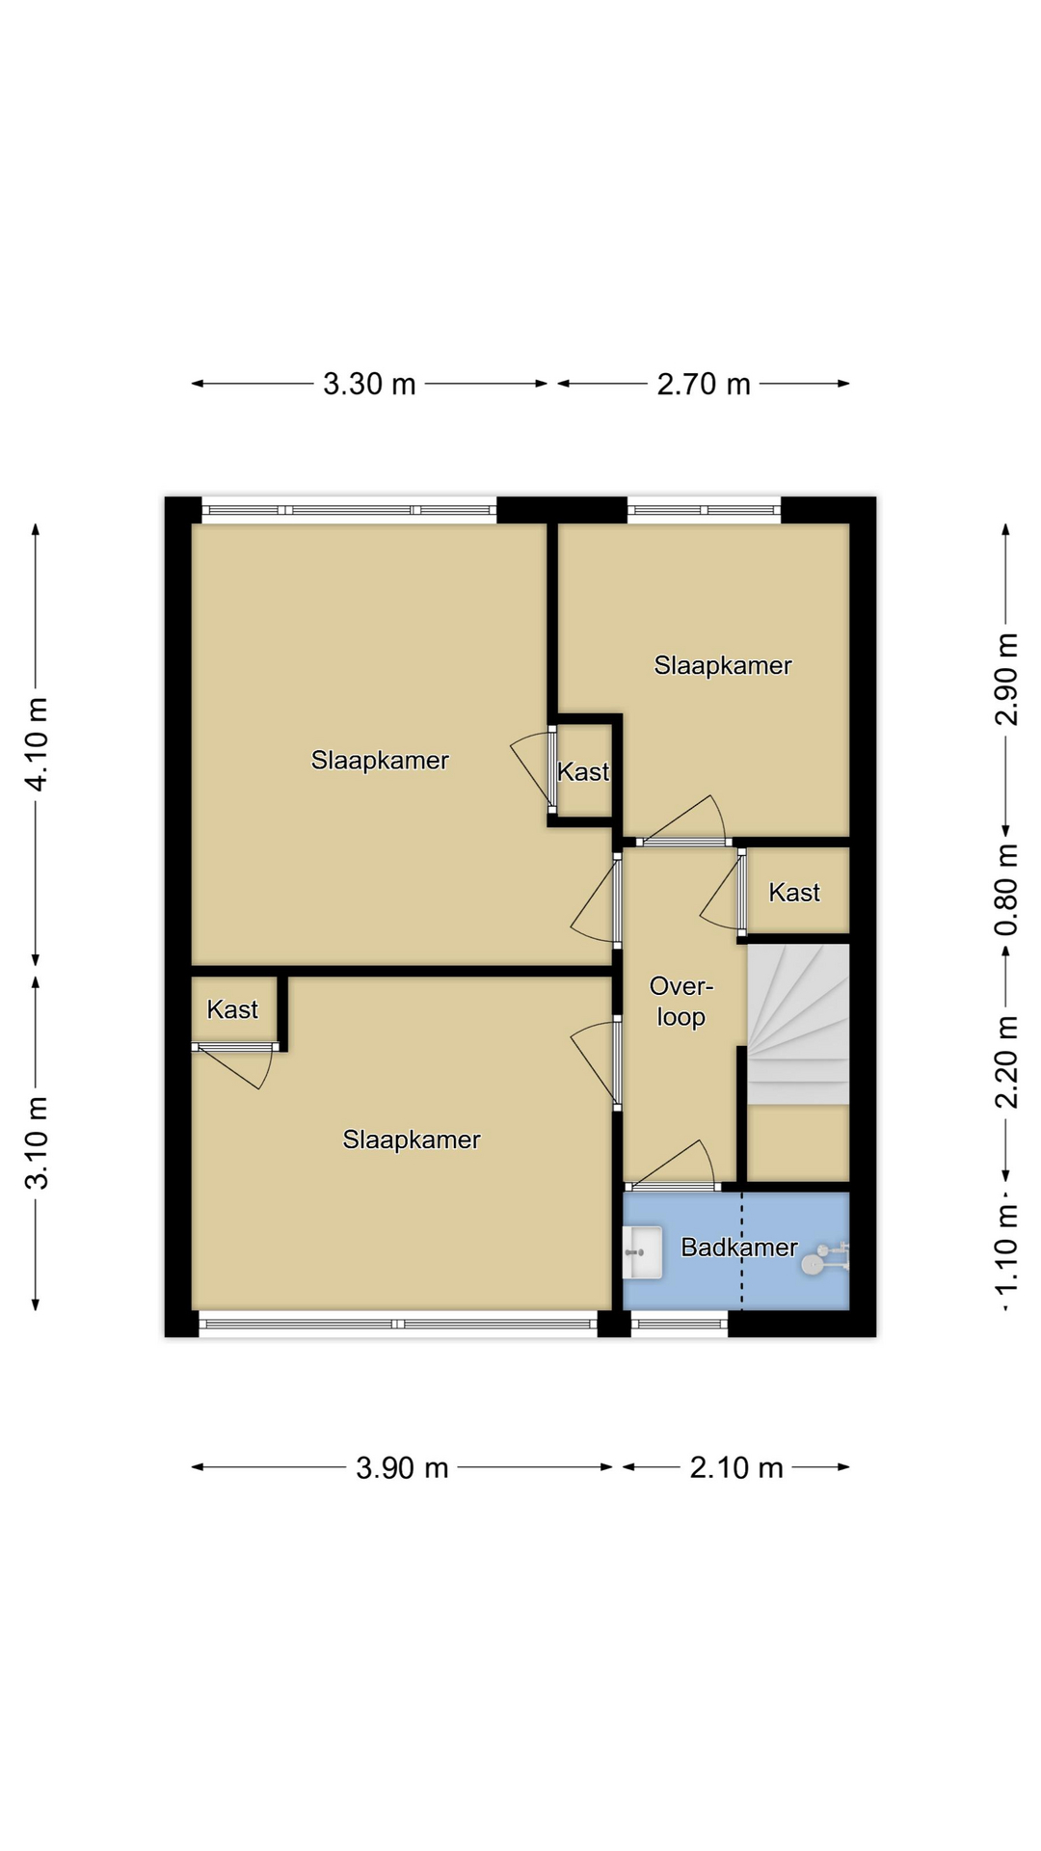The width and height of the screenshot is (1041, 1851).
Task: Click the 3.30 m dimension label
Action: coord(369,384)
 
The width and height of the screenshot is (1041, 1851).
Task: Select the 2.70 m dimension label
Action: coord(704,384)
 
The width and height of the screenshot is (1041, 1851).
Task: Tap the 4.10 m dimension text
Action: coord(37,744)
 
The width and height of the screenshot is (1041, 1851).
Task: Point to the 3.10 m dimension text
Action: coord(37,1143)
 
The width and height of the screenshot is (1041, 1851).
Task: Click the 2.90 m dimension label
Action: coord(1006,679)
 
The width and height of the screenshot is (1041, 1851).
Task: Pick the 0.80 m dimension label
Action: coord(1006,889)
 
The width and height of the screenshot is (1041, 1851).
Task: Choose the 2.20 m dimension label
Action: coord(1006,1062)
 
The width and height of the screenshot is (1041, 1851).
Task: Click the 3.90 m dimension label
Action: coord(402,1467)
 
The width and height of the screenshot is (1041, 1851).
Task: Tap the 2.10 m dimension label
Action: coord(736,1467)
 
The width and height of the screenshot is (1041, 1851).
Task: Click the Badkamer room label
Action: coord(739,1247)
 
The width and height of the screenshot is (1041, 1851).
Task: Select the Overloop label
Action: coord(681,1002)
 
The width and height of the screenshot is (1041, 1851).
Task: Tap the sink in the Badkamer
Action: coord(643,1252)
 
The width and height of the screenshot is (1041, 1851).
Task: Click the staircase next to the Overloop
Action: coord(799,1024)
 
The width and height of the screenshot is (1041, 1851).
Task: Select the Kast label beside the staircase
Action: coord(794,893)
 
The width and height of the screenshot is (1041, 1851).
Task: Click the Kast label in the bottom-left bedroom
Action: coord(232,1009)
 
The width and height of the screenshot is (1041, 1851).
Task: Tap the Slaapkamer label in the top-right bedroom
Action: coord(723,665)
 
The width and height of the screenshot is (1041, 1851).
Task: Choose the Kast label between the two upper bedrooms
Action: coord(583,771)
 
